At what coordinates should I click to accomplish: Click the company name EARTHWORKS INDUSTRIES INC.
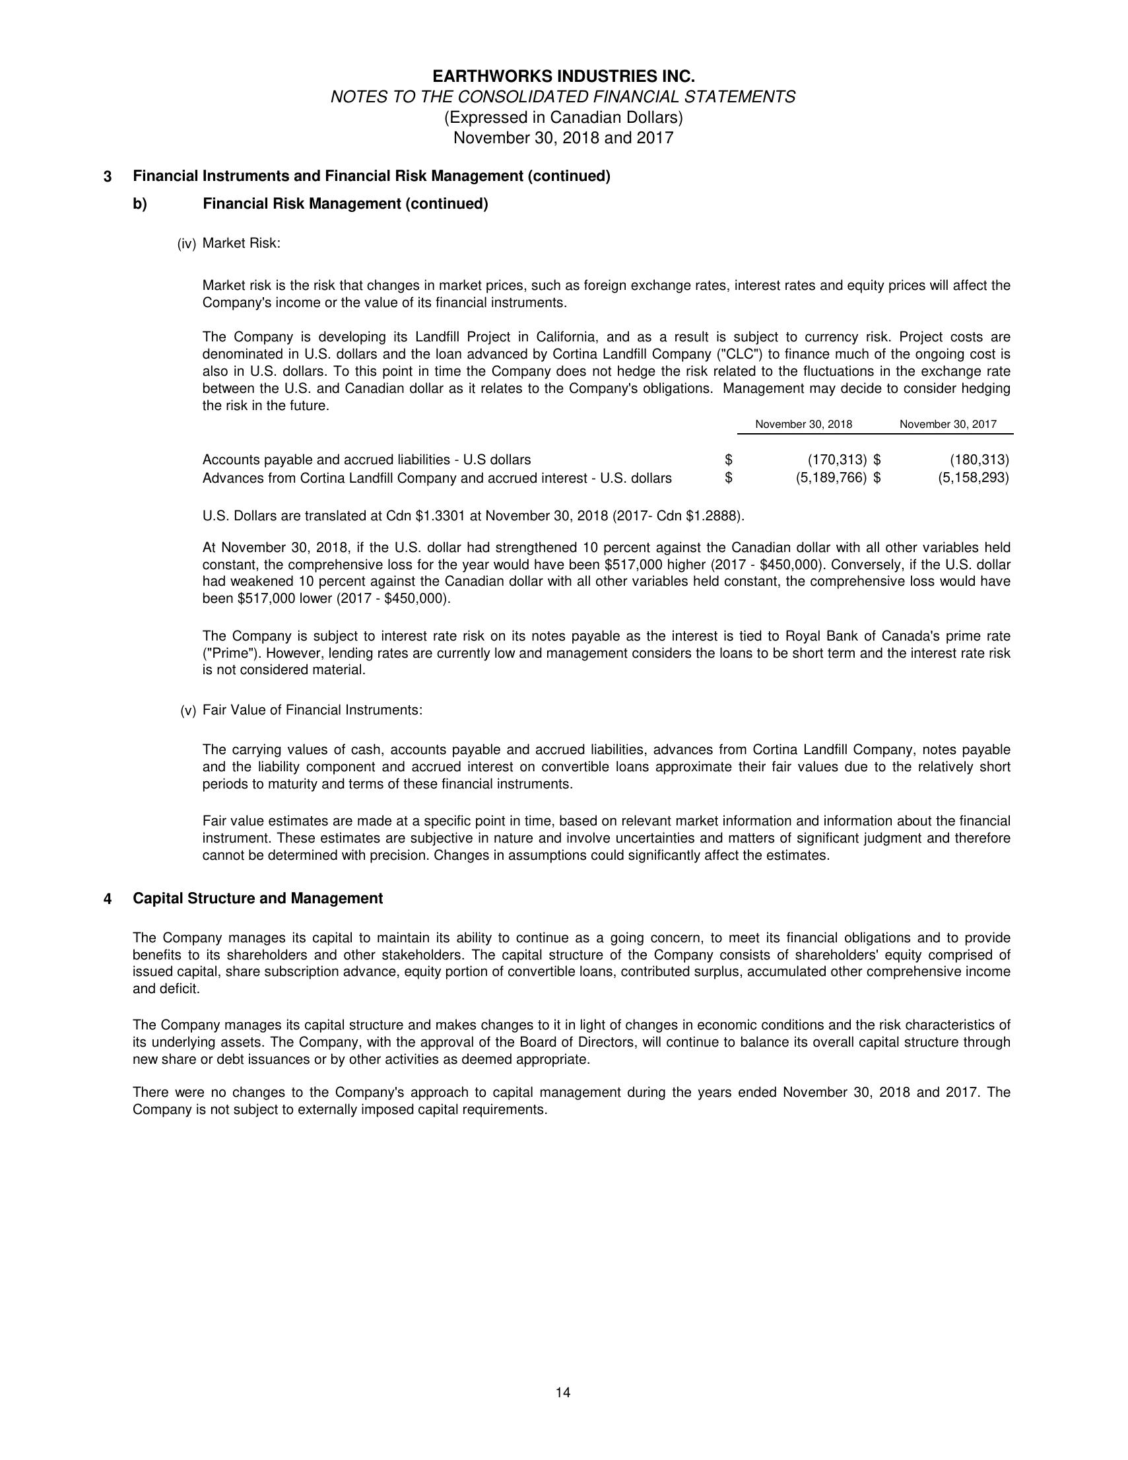pyautogui.click(x=563, y=76)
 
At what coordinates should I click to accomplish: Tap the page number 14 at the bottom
pyautogui.click(x=562, y=1393)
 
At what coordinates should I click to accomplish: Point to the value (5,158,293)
pyautogui.click(x=973, y=478)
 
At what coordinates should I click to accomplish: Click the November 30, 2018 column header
pyautogui.click(x=803, y=424)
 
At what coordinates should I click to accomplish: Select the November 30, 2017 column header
pyautogui.click(x=948, y=424)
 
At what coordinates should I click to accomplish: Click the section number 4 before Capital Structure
pyautogui.click(x=108, y=899)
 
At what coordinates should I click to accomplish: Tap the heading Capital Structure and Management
pyautogui.click(x=258, y=899)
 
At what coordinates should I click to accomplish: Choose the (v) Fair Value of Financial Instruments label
pyautogui.click(x=302, y=710)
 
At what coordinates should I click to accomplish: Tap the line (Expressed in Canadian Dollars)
pyautogui.click(x=563, y=118)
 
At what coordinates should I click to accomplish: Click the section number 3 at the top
pyautogui.click(x=108, y=177)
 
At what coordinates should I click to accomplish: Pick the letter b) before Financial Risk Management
pyautogui.click(x=140, y=204)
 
